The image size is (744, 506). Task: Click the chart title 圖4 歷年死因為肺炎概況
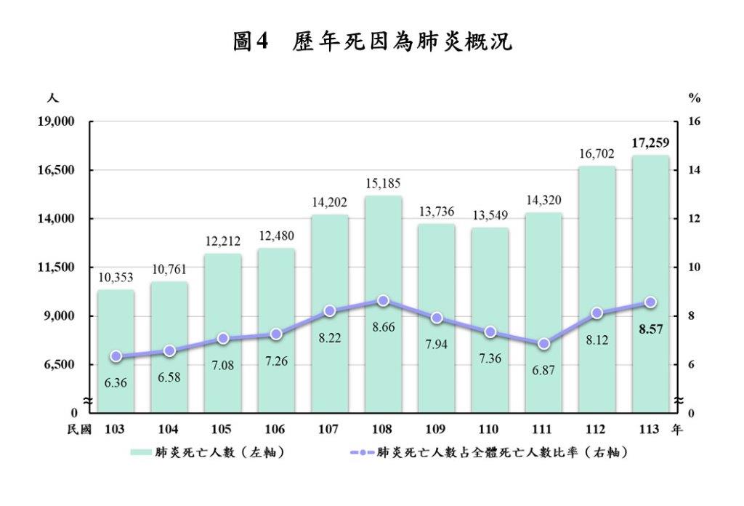point(372,41)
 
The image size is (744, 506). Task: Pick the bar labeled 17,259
point(650,284)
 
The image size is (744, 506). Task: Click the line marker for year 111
point(543,344)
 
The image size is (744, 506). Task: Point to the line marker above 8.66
point(383,300)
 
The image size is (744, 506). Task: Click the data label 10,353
point(116,277)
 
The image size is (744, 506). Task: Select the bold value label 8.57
point(650,329)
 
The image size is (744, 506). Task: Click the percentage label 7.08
point(222,365)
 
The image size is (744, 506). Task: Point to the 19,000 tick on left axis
point(58,121)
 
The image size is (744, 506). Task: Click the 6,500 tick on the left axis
point(61,365)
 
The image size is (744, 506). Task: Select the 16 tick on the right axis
point(694,121)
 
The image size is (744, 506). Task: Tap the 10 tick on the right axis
point(694,268)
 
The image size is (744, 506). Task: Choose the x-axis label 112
point(597,430)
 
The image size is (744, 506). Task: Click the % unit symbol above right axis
point(694,98)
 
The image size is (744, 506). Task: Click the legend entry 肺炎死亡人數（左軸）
point(207,452)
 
